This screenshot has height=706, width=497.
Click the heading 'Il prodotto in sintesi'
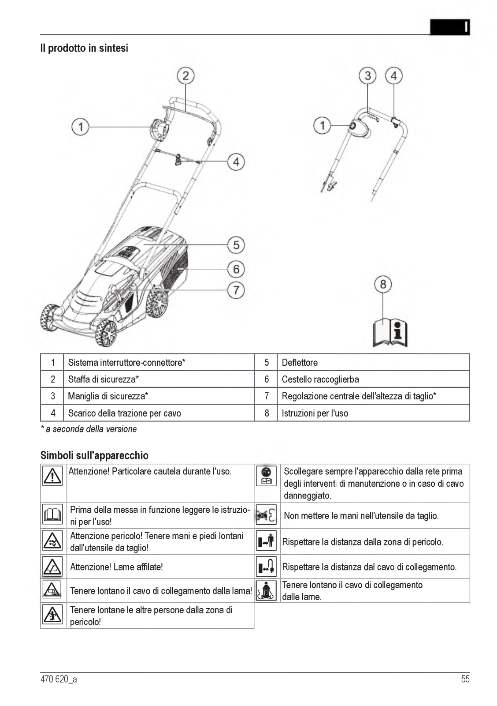(84, 48)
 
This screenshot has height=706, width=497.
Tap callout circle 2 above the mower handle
(185, 75)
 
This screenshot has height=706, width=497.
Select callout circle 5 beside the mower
(236, 245)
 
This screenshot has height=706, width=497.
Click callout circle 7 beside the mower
(236, 290)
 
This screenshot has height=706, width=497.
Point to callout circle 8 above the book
(383, 284)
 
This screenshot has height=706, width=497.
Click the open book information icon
(390, 332)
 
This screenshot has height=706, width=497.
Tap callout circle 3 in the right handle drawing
(367, 75)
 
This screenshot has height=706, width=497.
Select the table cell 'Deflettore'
(300, 362)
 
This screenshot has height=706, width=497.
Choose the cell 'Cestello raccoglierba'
(320, 379)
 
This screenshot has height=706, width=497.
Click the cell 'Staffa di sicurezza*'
(104, 379)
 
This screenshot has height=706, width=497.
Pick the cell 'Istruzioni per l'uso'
(315, 413)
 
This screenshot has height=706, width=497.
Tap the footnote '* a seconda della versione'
(89, 429)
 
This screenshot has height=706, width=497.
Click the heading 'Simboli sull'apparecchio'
(94, 455)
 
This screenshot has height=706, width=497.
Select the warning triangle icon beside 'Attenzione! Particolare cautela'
(52, 476)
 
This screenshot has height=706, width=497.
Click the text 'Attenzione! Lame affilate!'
(116, 567)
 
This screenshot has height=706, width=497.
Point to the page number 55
(465, 679)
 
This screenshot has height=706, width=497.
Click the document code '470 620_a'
(59, 679)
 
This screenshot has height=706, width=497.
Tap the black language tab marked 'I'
(450, 27)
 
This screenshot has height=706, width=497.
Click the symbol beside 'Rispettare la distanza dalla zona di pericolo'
(266, 541)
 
